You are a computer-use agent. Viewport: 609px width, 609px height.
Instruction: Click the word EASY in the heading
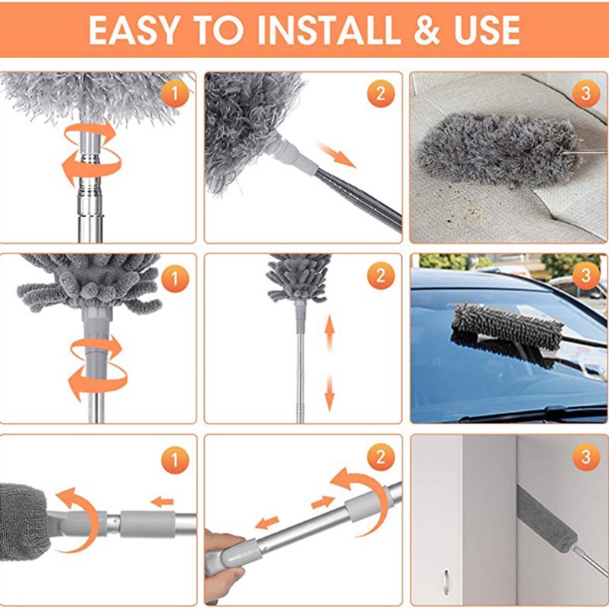coord(136,30)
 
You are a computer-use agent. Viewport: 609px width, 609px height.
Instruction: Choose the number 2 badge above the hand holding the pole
coord(381,458)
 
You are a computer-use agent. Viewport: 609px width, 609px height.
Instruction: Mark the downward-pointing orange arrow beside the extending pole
coord(330,391)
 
